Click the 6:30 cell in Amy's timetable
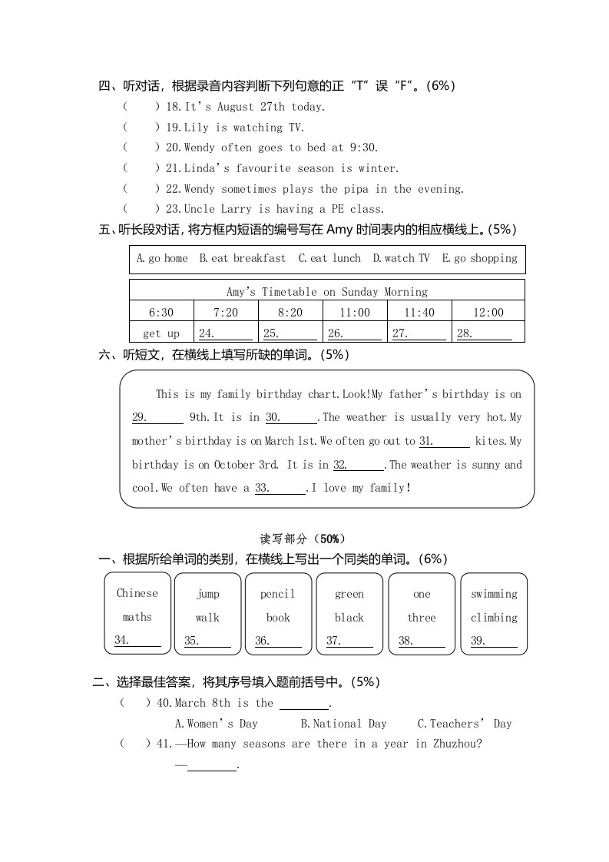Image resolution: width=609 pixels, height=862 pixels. pos(161,312)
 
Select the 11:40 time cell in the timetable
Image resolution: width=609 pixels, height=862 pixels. pos(419,312)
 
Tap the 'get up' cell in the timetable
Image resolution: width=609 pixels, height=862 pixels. pos(161,333)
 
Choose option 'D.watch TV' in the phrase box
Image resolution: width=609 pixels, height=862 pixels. pos(401,258)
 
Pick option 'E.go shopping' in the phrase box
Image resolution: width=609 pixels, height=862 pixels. pos(480,258)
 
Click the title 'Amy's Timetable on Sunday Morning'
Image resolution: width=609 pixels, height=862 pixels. pos(327,291)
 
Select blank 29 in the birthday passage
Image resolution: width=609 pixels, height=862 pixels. pos(157,418)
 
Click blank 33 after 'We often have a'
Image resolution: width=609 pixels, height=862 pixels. pos(280,489)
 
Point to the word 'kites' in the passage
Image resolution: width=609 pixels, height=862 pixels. pos(489,441)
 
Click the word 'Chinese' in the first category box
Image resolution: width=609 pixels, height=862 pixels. pos(137,593)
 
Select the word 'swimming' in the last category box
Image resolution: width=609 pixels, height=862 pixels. pos(494,594)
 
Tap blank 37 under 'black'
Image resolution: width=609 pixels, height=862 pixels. pos(349,641)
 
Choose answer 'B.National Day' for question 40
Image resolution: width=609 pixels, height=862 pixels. pos(343,724)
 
